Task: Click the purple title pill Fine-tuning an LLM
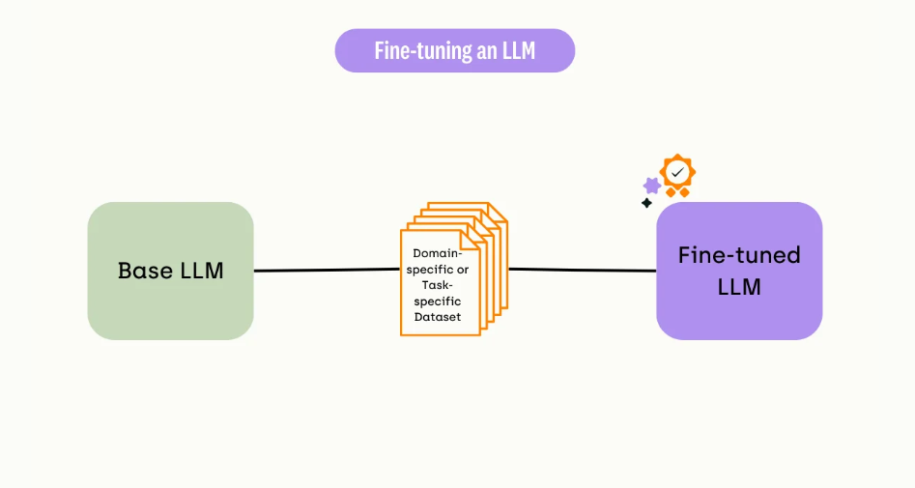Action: pos(454,51)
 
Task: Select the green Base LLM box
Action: pos(170,271)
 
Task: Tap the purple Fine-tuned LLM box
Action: pos(739,271)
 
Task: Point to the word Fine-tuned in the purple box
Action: pos(739,255)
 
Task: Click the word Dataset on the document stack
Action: pos(438,317)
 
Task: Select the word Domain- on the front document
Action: pos(438,253)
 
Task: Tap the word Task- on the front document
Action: pos(438,285)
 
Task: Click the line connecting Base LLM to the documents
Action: pos(327,270)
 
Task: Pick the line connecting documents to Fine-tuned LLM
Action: pos(583,270)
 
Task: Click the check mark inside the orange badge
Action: pos(677,172)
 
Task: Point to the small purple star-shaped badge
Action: pos(652,187)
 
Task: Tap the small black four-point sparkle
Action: pos(646,203)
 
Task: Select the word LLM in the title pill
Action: pos(518,51)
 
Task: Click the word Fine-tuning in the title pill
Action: pos(423,51)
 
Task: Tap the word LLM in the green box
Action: pos(202,271)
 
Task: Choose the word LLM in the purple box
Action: pos(739,287)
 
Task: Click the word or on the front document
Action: pos(463,270)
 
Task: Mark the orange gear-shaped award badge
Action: pos(677,175)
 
